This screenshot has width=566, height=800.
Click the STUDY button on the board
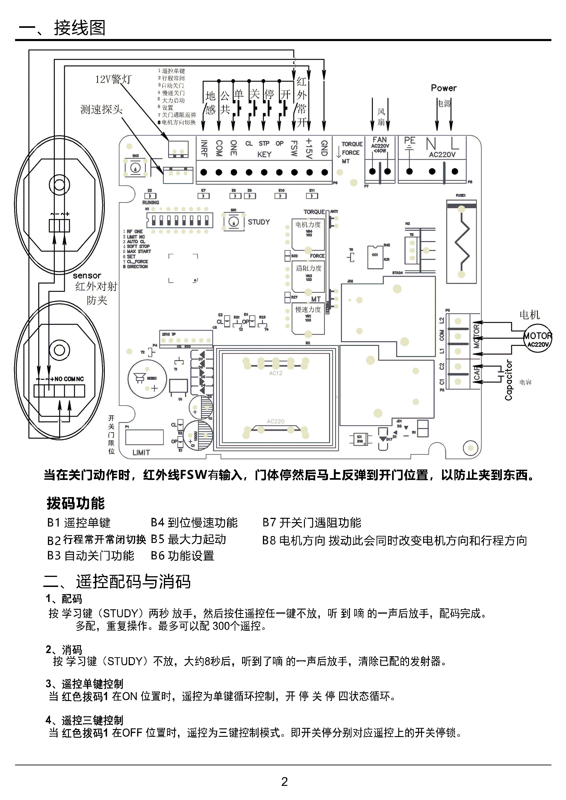[233, 221]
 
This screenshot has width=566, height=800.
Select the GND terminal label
[324, 148]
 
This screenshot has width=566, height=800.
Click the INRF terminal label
[204, 148]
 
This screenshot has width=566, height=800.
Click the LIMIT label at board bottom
[141, 453]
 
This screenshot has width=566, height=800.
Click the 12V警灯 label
[113, 79]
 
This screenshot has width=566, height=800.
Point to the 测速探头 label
[101, 109]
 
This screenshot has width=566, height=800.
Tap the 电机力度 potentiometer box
[308, 234]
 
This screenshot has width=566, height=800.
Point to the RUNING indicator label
[151, 202]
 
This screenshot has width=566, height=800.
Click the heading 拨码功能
[76, 503]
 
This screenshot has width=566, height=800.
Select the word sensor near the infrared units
[87, 276]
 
